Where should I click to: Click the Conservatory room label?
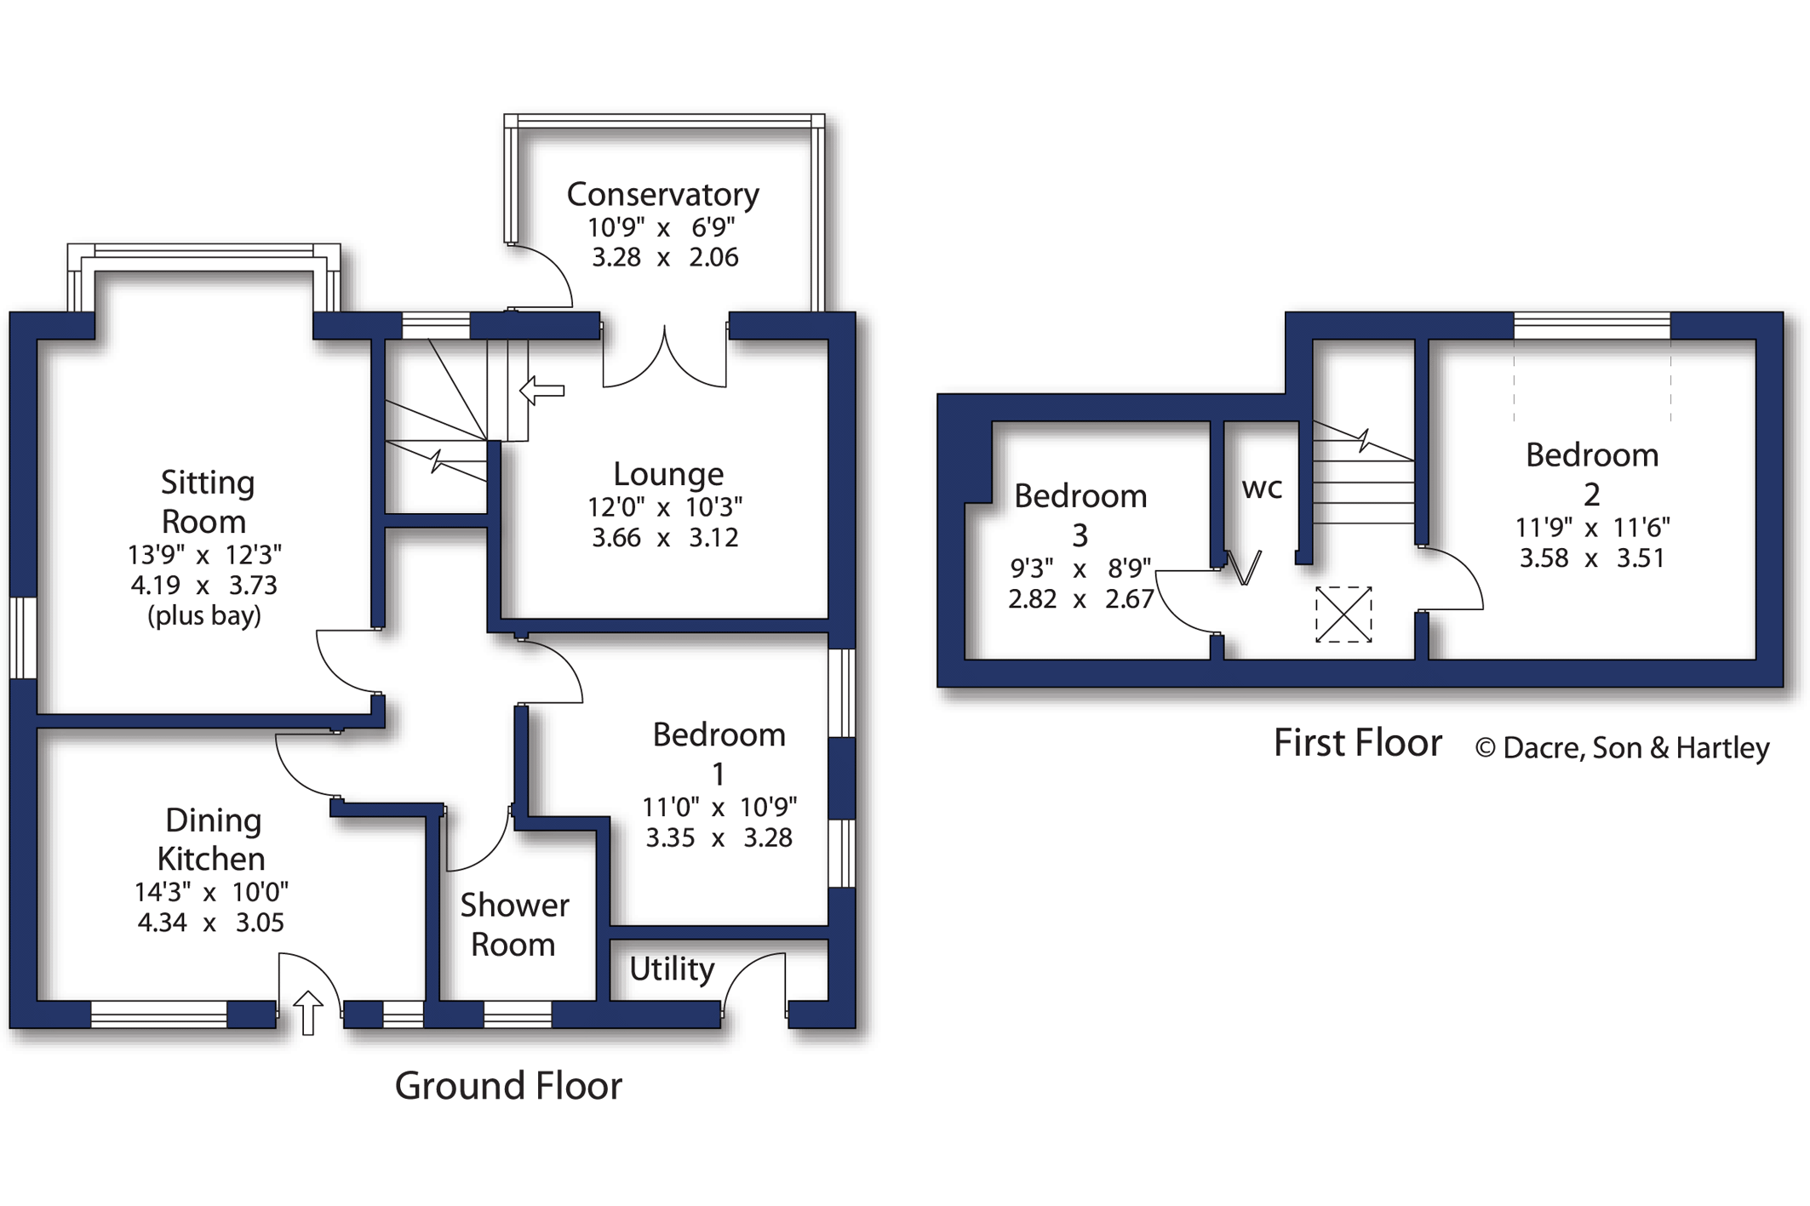tap(662, 195)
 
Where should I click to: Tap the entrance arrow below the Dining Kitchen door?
tap(308, 1012)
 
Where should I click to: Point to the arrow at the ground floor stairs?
tap(542, 391)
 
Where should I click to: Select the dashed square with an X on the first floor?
tap(1343, 614)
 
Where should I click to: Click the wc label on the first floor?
tap(1262, 489)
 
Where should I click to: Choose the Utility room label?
tap(672, 969)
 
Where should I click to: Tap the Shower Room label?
tap(514, 924)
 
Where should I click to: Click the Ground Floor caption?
tap(508, 1086)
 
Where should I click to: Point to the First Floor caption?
tap(1357, 743)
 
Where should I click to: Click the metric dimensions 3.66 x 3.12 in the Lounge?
tap(665, 538)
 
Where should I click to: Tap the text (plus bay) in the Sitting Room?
tap(204, 615)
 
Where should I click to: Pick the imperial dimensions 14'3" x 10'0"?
tap(211, 892)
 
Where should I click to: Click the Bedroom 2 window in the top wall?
tap(1591, 326)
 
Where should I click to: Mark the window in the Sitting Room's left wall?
tap(23, 638)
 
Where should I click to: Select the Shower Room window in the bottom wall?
tap(518, 1014)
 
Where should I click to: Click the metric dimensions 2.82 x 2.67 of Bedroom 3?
tap(1080, 599)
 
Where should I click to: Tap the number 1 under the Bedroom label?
tap(719, 774)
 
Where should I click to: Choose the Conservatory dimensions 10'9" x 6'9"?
tap(662, 228)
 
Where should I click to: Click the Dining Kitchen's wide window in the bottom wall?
tap(158, 1014)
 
